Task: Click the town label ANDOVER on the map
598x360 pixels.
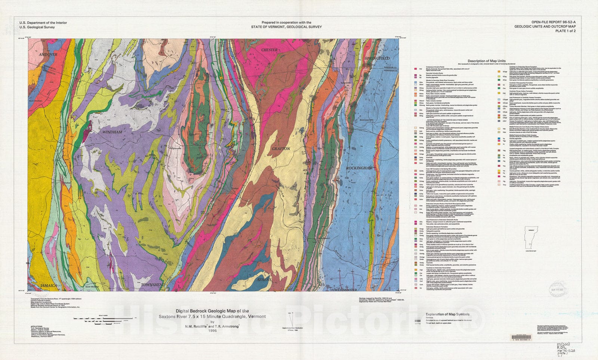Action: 49,55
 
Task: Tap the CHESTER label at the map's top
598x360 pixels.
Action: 269,50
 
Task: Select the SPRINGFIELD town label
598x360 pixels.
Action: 377,58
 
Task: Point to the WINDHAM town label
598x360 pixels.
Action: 112,132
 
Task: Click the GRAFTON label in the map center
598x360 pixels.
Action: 281,149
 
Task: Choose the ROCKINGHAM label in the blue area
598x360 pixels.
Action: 359,168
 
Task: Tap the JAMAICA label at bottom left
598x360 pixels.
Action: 49,285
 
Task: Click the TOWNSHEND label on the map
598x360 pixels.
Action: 153,285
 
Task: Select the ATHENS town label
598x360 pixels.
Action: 264,280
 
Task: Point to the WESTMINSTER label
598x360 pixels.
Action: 346,290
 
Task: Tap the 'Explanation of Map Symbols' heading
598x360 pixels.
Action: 448,314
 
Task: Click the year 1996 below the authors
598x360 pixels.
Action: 212,330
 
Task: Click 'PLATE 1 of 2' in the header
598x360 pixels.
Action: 565,31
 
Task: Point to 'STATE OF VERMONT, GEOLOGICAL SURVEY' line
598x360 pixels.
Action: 286,27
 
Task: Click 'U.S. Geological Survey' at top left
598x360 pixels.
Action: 37,27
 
